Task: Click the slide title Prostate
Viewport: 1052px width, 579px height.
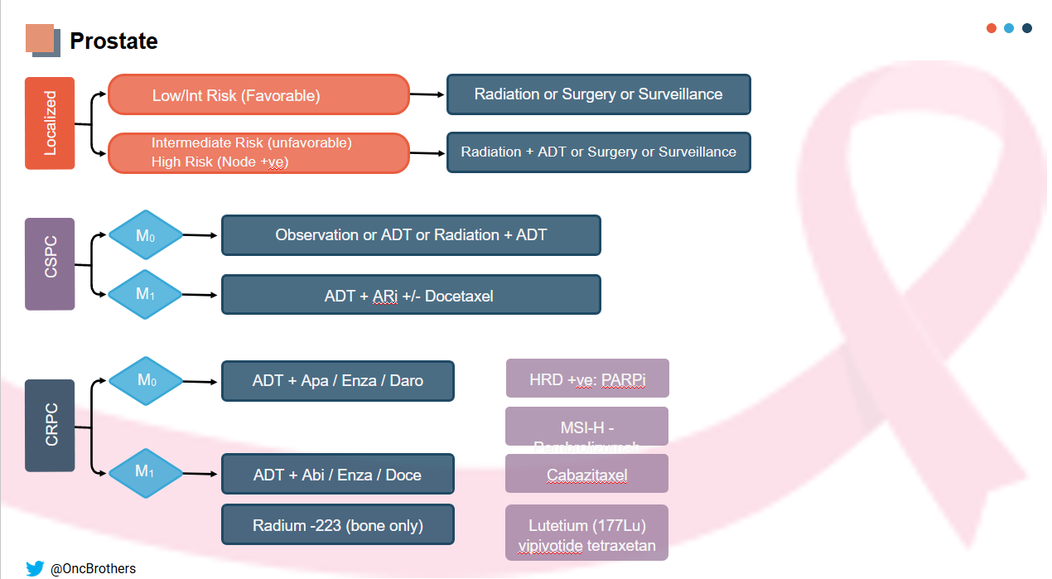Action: click(x=113, y=41)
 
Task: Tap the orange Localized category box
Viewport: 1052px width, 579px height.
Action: click(x=50, y=123)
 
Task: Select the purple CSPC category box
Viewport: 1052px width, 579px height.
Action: click(x=50, y=264)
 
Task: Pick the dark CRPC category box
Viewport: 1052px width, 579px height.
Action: click(x=50, y=426)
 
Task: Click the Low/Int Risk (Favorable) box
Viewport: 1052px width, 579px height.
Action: click(x=259, y=95)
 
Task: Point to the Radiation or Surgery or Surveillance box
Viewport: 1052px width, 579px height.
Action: click(x=598, y=94)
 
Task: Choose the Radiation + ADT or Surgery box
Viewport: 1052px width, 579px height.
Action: click(x=598, y=152)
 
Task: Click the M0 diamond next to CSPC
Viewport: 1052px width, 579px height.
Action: click(x=146, y=236)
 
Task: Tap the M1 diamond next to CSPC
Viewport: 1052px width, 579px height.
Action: click(x=146, y=294)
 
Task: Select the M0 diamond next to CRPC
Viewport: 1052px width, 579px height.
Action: click(x=146, y=381)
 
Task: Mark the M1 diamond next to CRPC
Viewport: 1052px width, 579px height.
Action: click(x=146, y=472)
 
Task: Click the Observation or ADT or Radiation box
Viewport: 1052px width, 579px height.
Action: click(x=411, y=235)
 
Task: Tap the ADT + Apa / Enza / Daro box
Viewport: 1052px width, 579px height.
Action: click(x=337, y=381)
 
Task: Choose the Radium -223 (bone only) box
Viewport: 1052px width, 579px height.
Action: click(x=337, y=525)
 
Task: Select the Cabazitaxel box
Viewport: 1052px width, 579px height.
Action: click(x=586, y=475)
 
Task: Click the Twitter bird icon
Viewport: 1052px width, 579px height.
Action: click(x=35, y=568)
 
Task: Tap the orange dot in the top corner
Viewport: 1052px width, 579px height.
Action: click(x=991, y=28)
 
